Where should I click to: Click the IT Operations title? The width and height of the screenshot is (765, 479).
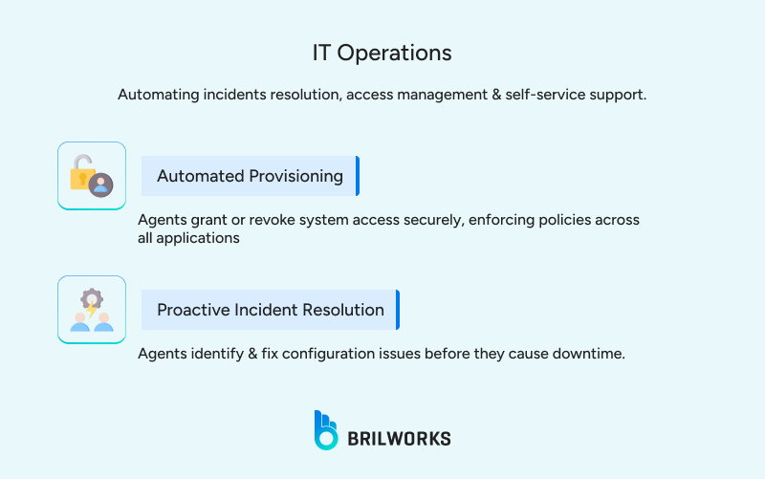coord(382,53)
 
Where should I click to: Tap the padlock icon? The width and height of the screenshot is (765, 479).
coord(83,173)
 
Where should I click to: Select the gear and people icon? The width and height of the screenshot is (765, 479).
coord(92,310)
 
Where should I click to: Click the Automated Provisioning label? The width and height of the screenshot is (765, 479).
coord(250,176)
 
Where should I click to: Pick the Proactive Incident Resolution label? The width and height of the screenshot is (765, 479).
coord(271,310)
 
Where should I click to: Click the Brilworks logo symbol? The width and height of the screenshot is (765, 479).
coord(326,430)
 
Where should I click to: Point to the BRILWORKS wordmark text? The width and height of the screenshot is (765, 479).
coord(399,439)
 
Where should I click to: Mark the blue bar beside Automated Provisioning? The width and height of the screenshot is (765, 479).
coord(357,176)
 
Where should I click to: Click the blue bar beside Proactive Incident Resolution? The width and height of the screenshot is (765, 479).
coord(397,310)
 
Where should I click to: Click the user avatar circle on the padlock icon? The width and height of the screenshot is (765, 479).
coord(100,185)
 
